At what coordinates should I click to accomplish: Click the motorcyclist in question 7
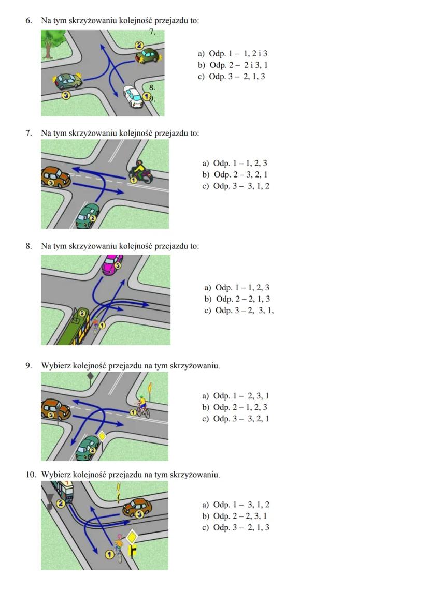coord(139,172)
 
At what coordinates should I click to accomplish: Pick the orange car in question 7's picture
coord(55,176)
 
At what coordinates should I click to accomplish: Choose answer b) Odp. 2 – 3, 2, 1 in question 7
coord(235,175)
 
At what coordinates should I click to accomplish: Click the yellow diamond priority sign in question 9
coord(102,436)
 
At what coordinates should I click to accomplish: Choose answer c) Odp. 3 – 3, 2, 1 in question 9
coord(236,419)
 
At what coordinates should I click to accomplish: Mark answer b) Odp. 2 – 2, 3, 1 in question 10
coord(236,516)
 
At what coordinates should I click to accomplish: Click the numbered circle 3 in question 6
coord(65,95)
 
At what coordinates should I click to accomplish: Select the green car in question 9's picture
coord(88,447)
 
